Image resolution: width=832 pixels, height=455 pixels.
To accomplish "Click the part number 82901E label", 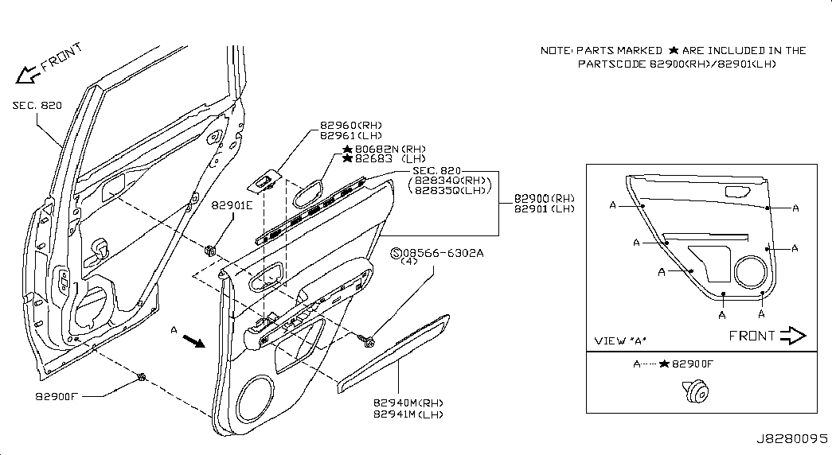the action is (x=232, y=205).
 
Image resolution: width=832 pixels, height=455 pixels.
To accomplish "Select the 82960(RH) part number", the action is (x=351, y=126).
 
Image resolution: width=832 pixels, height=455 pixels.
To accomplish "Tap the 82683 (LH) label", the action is (x=391, y=158).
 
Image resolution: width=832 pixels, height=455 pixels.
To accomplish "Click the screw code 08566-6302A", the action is (x=443, y=253).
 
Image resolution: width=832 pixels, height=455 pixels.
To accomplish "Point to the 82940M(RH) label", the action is (x=408, y=403).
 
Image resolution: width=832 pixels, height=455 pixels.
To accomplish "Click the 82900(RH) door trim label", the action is (x=545, y=198).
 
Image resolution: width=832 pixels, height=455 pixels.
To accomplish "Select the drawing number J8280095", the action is (x=791, y=439).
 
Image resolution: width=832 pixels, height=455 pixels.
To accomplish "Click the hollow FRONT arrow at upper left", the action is (x=26, y=75).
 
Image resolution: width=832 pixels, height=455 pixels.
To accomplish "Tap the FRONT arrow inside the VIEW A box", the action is (x=793, y=336).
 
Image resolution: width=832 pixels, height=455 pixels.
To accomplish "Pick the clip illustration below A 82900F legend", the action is (x=696, y=391).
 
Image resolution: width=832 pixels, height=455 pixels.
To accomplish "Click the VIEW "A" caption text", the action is (x=619, y=340).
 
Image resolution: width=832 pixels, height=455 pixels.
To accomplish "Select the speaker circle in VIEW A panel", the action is (x=752, y=272).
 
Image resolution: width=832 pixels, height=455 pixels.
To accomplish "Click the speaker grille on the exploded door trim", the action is (x=256, y=399).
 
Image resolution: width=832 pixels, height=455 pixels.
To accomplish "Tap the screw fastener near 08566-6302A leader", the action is (x=367, y=340).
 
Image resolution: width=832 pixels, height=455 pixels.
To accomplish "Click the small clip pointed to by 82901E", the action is (x=209, y=249).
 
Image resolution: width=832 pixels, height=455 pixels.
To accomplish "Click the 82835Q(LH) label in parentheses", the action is (x=451, y=190).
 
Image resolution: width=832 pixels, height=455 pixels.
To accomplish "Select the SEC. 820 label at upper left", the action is (x=37, y=105).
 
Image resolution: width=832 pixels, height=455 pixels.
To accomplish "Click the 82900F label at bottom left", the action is (x=57, y=395).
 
